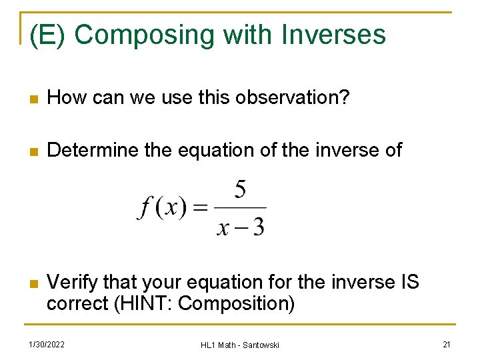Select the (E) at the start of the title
tap(47, 35)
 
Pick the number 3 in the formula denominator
tap(258, 227)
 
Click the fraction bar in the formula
tap(241, 208)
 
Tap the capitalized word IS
tap(409, 282)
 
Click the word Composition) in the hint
tap(237, 303)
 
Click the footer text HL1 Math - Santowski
tap(240, 345)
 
